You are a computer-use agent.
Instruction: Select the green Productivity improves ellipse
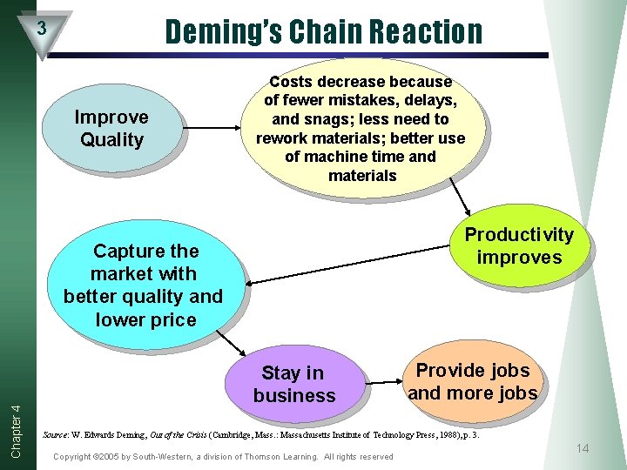pos(519,245)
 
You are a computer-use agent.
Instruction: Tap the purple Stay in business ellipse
pos(293,384)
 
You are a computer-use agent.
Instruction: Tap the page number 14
pos(583,448)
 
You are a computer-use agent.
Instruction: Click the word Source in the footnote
pos(55,432)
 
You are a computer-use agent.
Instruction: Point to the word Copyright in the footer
pos(74,457)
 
